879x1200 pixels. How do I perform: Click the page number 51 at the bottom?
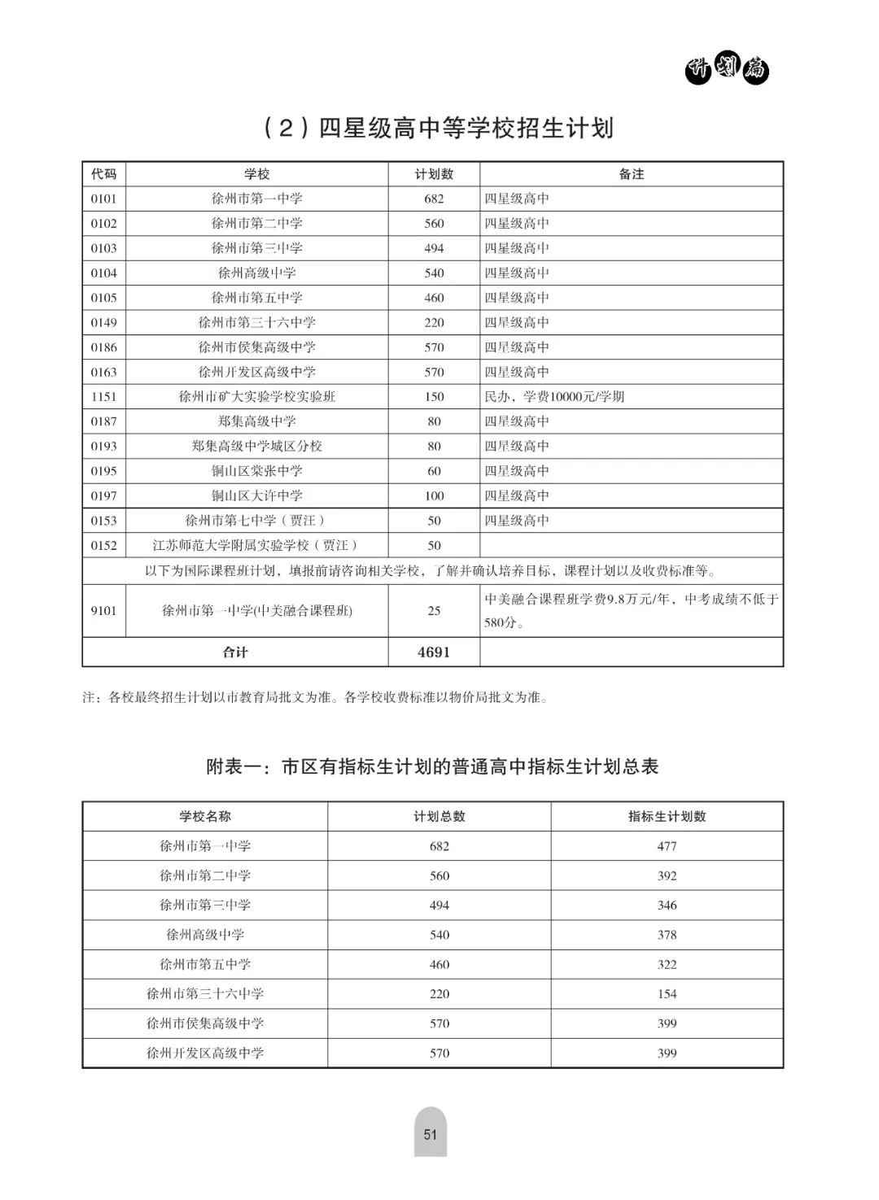431,1133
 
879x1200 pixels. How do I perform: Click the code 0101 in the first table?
103,199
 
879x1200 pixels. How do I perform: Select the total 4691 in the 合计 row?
434,652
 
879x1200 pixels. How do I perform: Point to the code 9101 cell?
103,610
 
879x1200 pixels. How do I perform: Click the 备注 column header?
631,174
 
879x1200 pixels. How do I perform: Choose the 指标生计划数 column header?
667,816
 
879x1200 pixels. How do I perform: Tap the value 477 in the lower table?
667,846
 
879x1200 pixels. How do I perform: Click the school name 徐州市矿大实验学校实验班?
257,397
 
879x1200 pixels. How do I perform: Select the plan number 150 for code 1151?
434,397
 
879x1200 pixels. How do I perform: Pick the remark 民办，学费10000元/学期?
554,397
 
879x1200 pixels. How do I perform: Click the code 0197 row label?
103,495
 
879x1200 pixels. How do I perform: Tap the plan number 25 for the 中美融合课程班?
434,610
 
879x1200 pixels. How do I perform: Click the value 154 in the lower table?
667,993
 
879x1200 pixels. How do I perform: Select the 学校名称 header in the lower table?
205,816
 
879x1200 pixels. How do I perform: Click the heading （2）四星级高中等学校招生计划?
439,128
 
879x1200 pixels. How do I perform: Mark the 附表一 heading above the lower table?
432,766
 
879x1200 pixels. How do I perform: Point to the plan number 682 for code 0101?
434,199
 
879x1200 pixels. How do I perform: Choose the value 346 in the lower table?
667,905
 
